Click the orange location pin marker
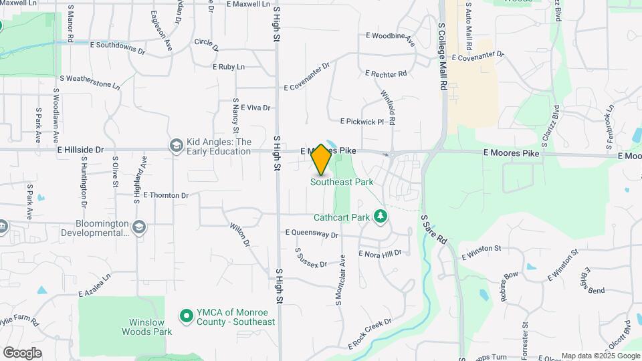(321, 160)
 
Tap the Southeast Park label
(342, 182)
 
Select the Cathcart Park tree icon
(381, 216)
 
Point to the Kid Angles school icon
(176, 146)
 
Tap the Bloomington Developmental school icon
(139, 227)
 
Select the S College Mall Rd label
(443, 57)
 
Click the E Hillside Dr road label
(81, 150)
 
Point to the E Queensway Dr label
(312, 234)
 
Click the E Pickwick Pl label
(362, 122)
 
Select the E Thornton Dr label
(167, 195)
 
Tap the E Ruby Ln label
(229, 67)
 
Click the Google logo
(22, 352)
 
